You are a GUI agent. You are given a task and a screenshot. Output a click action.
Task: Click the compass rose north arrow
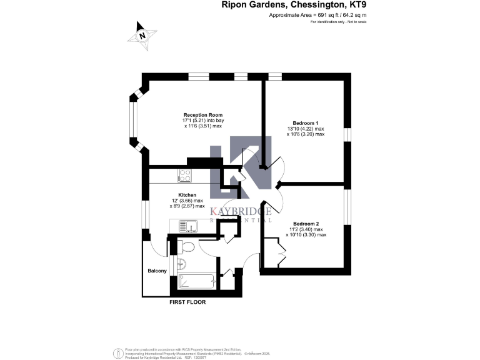142,36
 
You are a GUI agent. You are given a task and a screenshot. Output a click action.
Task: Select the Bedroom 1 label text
306,122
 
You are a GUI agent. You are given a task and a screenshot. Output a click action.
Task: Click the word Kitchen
187,195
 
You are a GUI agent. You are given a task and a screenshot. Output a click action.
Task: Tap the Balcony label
157,271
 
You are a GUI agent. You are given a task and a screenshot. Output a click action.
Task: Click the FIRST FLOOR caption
187,302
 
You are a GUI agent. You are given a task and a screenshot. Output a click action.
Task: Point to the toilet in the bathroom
187,247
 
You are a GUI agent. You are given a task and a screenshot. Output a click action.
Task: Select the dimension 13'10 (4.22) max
306,129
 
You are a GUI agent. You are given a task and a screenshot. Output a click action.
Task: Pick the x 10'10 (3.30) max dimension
306,235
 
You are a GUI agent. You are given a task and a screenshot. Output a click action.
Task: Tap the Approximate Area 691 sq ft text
317,14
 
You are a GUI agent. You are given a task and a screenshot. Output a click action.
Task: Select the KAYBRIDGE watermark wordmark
241,211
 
